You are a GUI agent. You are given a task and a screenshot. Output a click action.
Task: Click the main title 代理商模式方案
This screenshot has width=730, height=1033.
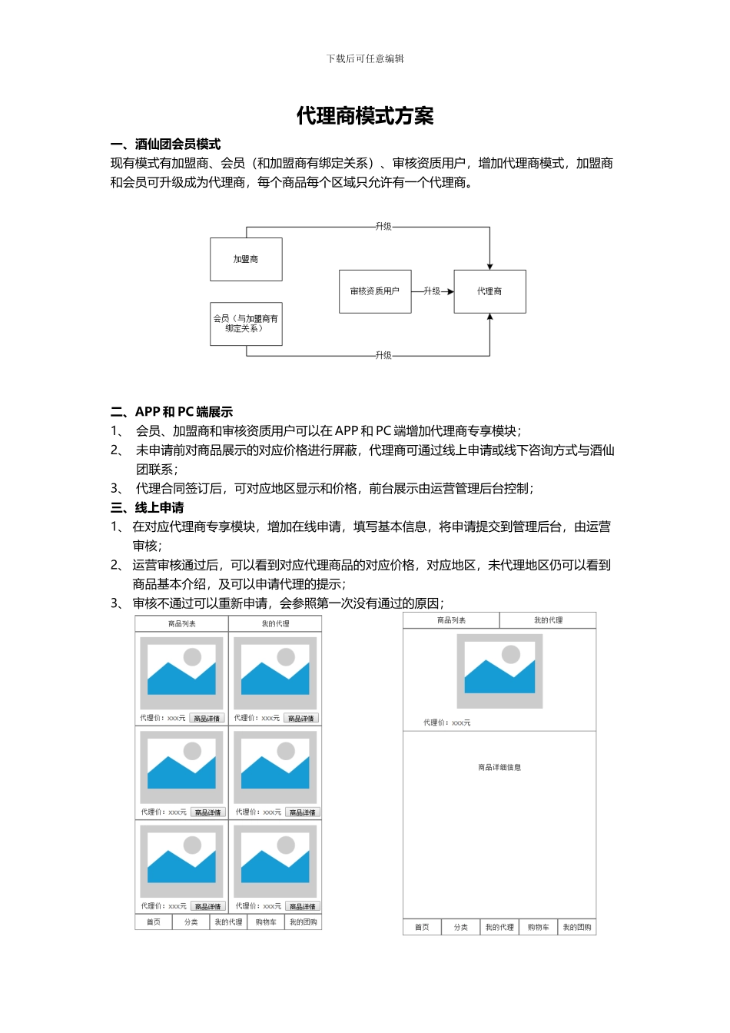click(365, 116)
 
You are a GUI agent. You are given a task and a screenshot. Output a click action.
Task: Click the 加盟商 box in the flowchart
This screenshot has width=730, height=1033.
click(246, 260)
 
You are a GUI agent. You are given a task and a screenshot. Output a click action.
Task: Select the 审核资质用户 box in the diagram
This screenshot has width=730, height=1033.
click(375, 291)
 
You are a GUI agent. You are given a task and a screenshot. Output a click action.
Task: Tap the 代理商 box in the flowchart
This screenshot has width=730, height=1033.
click(489, 291)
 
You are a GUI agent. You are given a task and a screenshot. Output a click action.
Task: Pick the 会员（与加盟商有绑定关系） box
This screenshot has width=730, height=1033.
click(246, 324)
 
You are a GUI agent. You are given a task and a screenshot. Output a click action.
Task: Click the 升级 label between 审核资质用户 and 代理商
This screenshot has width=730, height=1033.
click(432, 291)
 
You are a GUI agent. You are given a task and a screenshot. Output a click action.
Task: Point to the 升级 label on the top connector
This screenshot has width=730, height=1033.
click(383, 227)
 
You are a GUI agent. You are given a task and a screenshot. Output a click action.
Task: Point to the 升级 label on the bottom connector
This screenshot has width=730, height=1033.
click(383, 355)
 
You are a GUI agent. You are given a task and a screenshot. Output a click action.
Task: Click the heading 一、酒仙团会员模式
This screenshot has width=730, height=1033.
click(166, 144)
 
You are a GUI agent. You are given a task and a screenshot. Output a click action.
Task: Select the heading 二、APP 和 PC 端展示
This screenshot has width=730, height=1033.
click(172, 412)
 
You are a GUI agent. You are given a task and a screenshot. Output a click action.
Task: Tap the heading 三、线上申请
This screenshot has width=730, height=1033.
click(148, 507)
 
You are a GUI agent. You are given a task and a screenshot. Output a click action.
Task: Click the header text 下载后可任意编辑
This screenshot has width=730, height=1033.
click(365, 58)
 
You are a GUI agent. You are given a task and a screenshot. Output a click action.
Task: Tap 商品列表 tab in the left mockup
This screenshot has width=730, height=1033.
click(182, 624)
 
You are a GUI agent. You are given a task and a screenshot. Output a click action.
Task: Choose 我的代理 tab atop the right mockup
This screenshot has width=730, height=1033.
click(548, 620)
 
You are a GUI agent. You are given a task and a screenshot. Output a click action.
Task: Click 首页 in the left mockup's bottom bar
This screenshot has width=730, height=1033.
click(154, 922)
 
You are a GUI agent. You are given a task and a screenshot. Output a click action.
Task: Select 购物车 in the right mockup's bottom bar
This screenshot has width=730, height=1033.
click(538, 928)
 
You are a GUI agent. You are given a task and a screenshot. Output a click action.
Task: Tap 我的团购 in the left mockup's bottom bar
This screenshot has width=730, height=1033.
click(304, 922)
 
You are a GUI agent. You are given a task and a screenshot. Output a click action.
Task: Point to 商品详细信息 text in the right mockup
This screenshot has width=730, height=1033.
click(499, 767)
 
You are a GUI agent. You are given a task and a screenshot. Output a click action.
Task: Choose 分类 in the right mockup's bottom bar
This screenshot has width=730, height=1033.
click(461, 928)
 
